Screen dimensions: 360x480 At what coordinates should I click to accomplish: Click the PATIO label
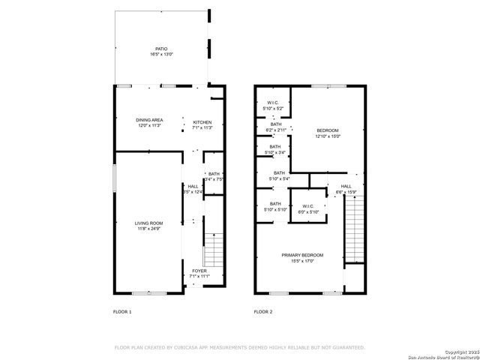(x=162, y=49)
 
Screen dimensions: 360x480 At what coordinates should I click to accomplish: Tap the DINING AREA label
(x=149, y=120)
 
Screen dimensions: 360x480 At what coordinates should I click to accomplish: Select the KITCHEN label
(x=202, y=122)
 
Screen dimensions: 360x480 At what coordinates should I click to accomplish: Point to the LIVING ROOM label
(x=148, y=223)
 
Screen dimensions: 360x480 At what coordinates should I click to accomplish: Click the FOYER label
(x=199, y=271)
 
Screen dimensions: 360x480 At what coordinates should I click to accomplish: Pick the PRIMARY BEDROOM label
(x=297, y=256)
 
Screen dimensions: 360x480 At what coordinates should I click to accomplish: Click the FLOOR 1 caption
(x=121, y=311)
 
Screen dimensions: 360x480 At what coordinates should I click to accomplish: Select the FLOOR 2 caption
(x=262, y=311)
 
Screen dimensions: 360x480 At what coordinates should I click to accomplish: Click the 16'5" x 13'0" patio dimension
(x=162, y=55)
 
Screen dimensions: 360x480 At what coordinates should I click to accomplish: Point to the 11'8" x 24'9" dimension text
(x=148, y=228)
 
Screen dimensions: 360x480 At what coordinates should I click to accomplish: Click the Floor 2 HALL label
(x=346, y=186)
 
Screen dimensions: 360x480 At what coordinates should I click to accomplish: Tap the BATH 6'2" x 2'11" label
(x=276, y=124)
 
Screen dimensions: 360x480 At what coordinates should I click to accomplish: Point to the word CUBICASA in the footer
(x=191, y=347)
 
